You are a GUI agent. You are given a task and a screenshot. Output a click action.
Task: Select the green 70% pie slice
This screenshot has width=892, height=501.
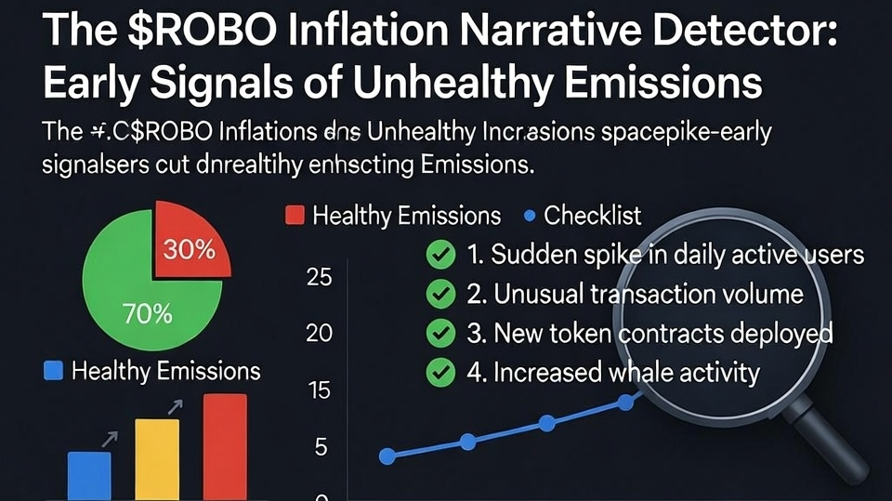pos(139,297)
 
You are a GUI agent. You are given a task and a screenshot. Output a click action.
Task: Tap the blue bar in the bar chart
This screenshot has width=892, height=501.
pos(89,476)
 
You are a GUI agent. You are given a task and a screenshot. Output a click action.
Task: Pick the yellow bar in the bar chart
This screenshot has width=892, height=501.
pos(157,459)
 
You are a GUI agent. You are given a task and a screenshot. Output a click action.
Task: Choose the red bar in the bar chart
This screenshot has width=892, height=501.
pos(224,447)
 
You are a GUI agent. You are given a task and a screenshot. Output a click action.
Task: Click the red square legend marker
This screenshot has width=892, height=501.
pos(294,216)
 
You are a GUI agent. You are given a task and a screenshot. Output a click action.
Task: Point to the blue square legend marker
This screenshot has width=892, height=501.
pos(54,371)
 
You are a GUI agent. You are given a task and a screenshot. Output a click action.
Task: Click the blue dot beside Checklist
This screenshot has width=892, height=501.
pos(531,216)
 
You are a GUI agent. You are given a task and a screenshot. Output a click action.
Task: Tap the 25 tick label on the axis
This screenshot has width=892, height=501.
pos(319,277)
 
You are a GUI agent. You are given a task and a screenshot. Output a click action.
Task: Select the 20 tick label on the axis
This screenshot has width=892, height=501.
pos(319,333)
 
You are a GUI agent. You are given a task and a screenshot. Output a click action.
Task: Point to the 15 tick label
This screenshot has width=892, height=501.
pos(319,390)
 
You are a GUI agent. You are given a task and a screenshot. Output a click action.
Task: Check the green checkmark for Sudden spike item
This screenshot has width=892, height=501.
pos(439,254)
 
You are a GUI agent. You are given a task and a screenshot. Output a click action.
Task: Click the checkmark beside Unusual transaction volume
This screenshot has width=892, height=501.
pos(439,294)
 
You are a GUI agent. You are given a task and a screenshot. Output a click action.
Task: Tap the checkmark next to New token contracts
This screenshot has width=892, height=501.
pos(439,333)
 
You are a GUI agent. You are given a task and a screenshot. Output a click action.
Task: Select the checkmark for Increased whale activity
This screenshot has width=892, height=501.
pos(439,373)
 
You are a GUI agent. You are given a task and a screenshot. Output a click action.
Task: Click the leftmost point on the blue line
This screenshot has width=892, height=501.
pos(388,455)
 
